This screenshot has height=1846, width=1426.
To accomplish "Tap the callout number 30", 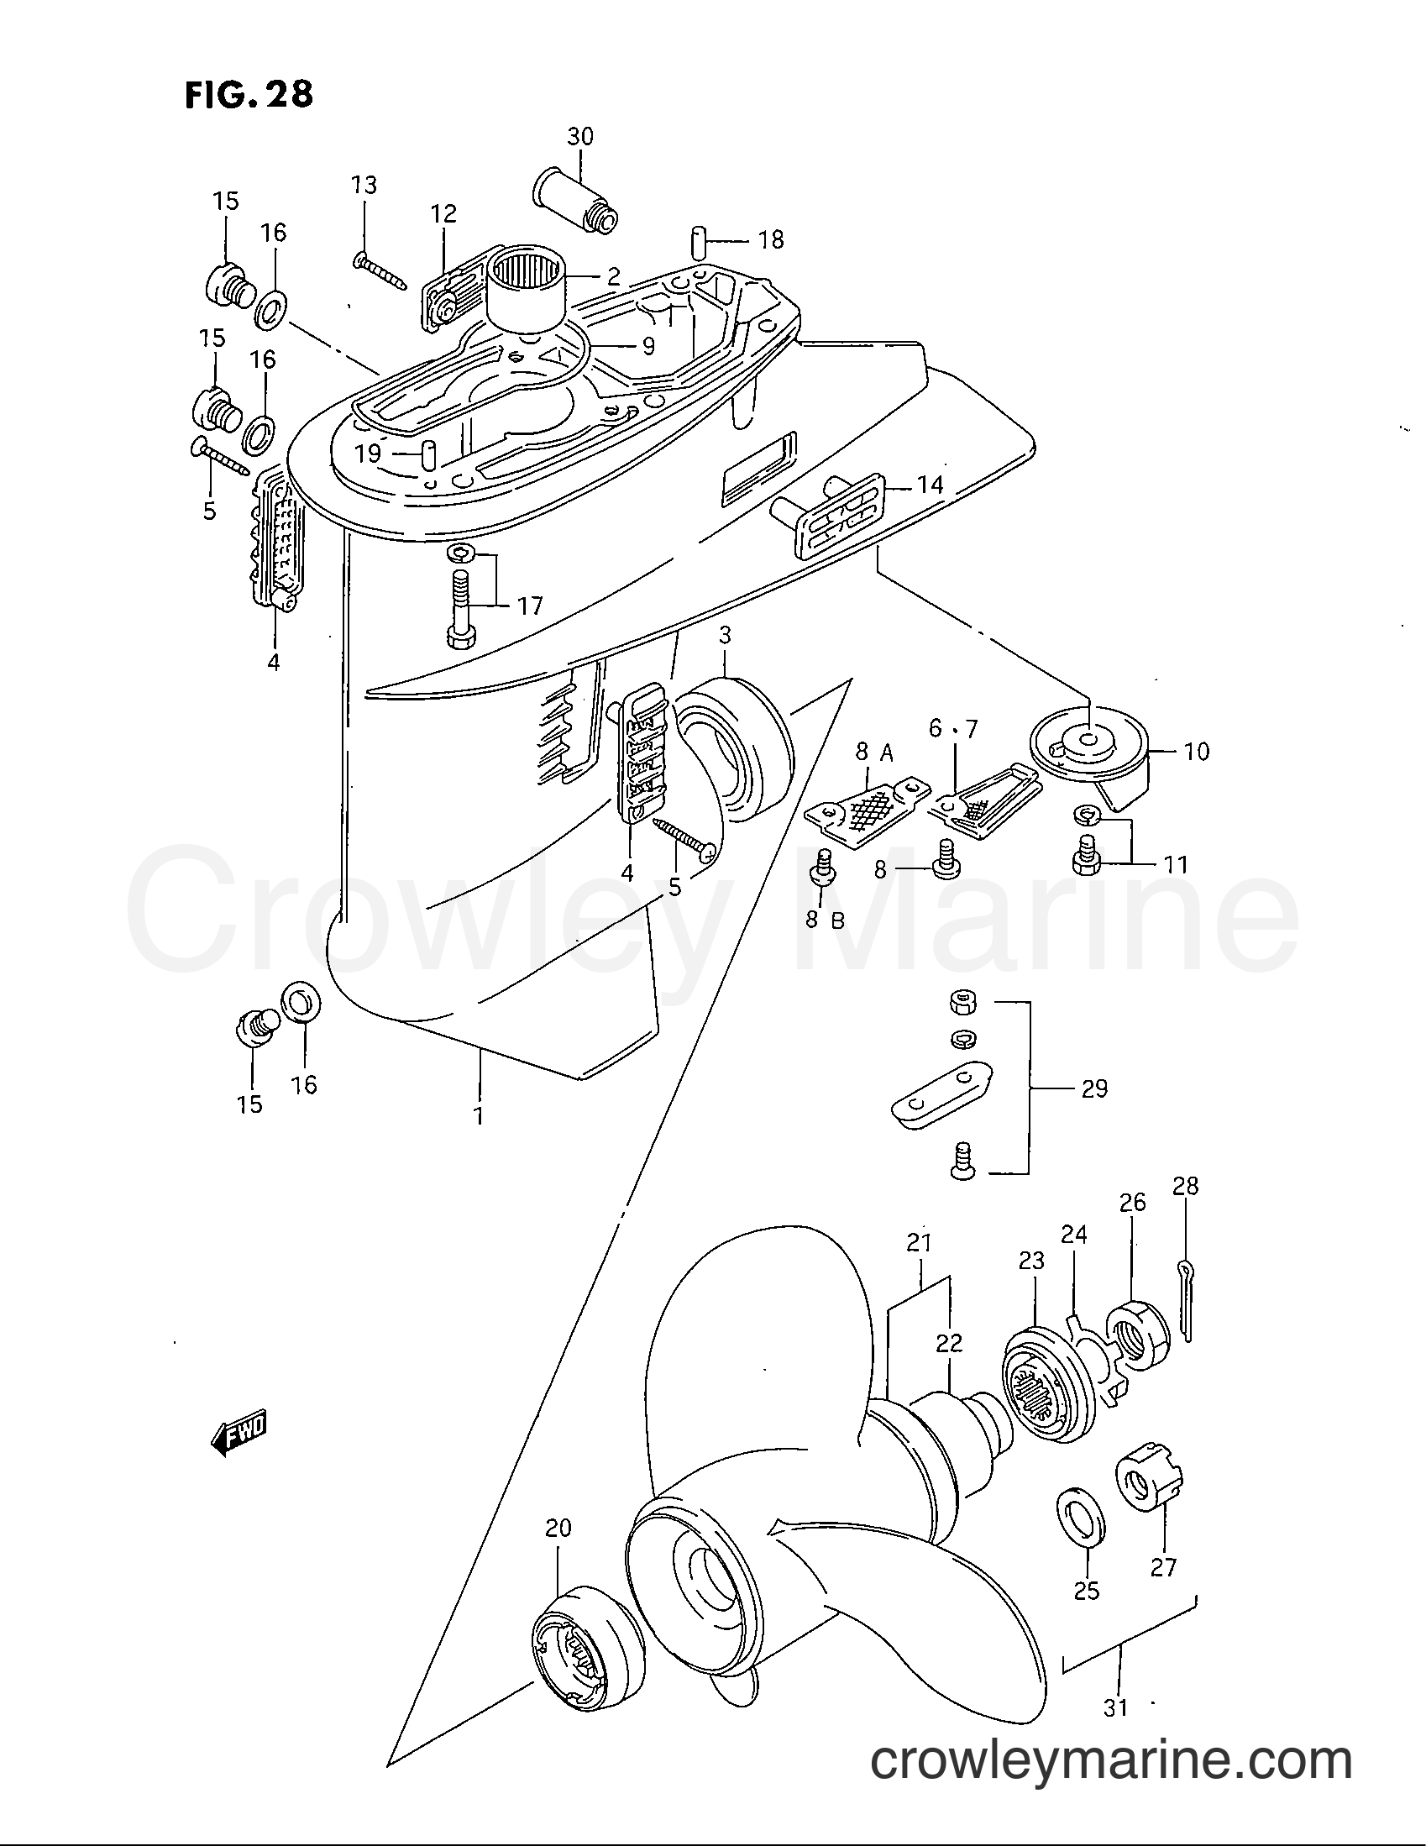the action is tap(579, 136).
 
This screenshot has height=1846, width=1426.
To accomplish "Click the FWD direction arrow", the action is tap(239, 1434).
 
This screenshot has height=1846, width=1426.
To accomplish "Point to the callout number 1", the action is tap(480, 1116).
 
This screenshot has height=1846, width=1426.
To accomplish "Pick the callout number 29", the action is tap(1093, 1088).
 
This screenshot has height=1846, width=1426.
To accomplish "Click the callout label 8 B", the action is tap(824, 920).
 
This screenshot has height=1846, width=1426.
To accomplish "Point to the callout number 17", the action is tap(530, 606).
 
